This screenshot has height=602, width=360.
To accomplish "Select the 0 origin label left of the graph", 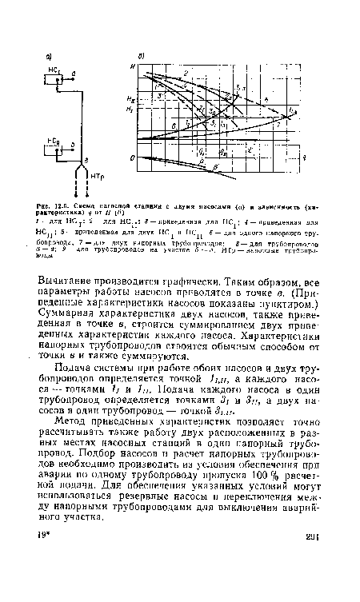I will click(132, 161).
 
